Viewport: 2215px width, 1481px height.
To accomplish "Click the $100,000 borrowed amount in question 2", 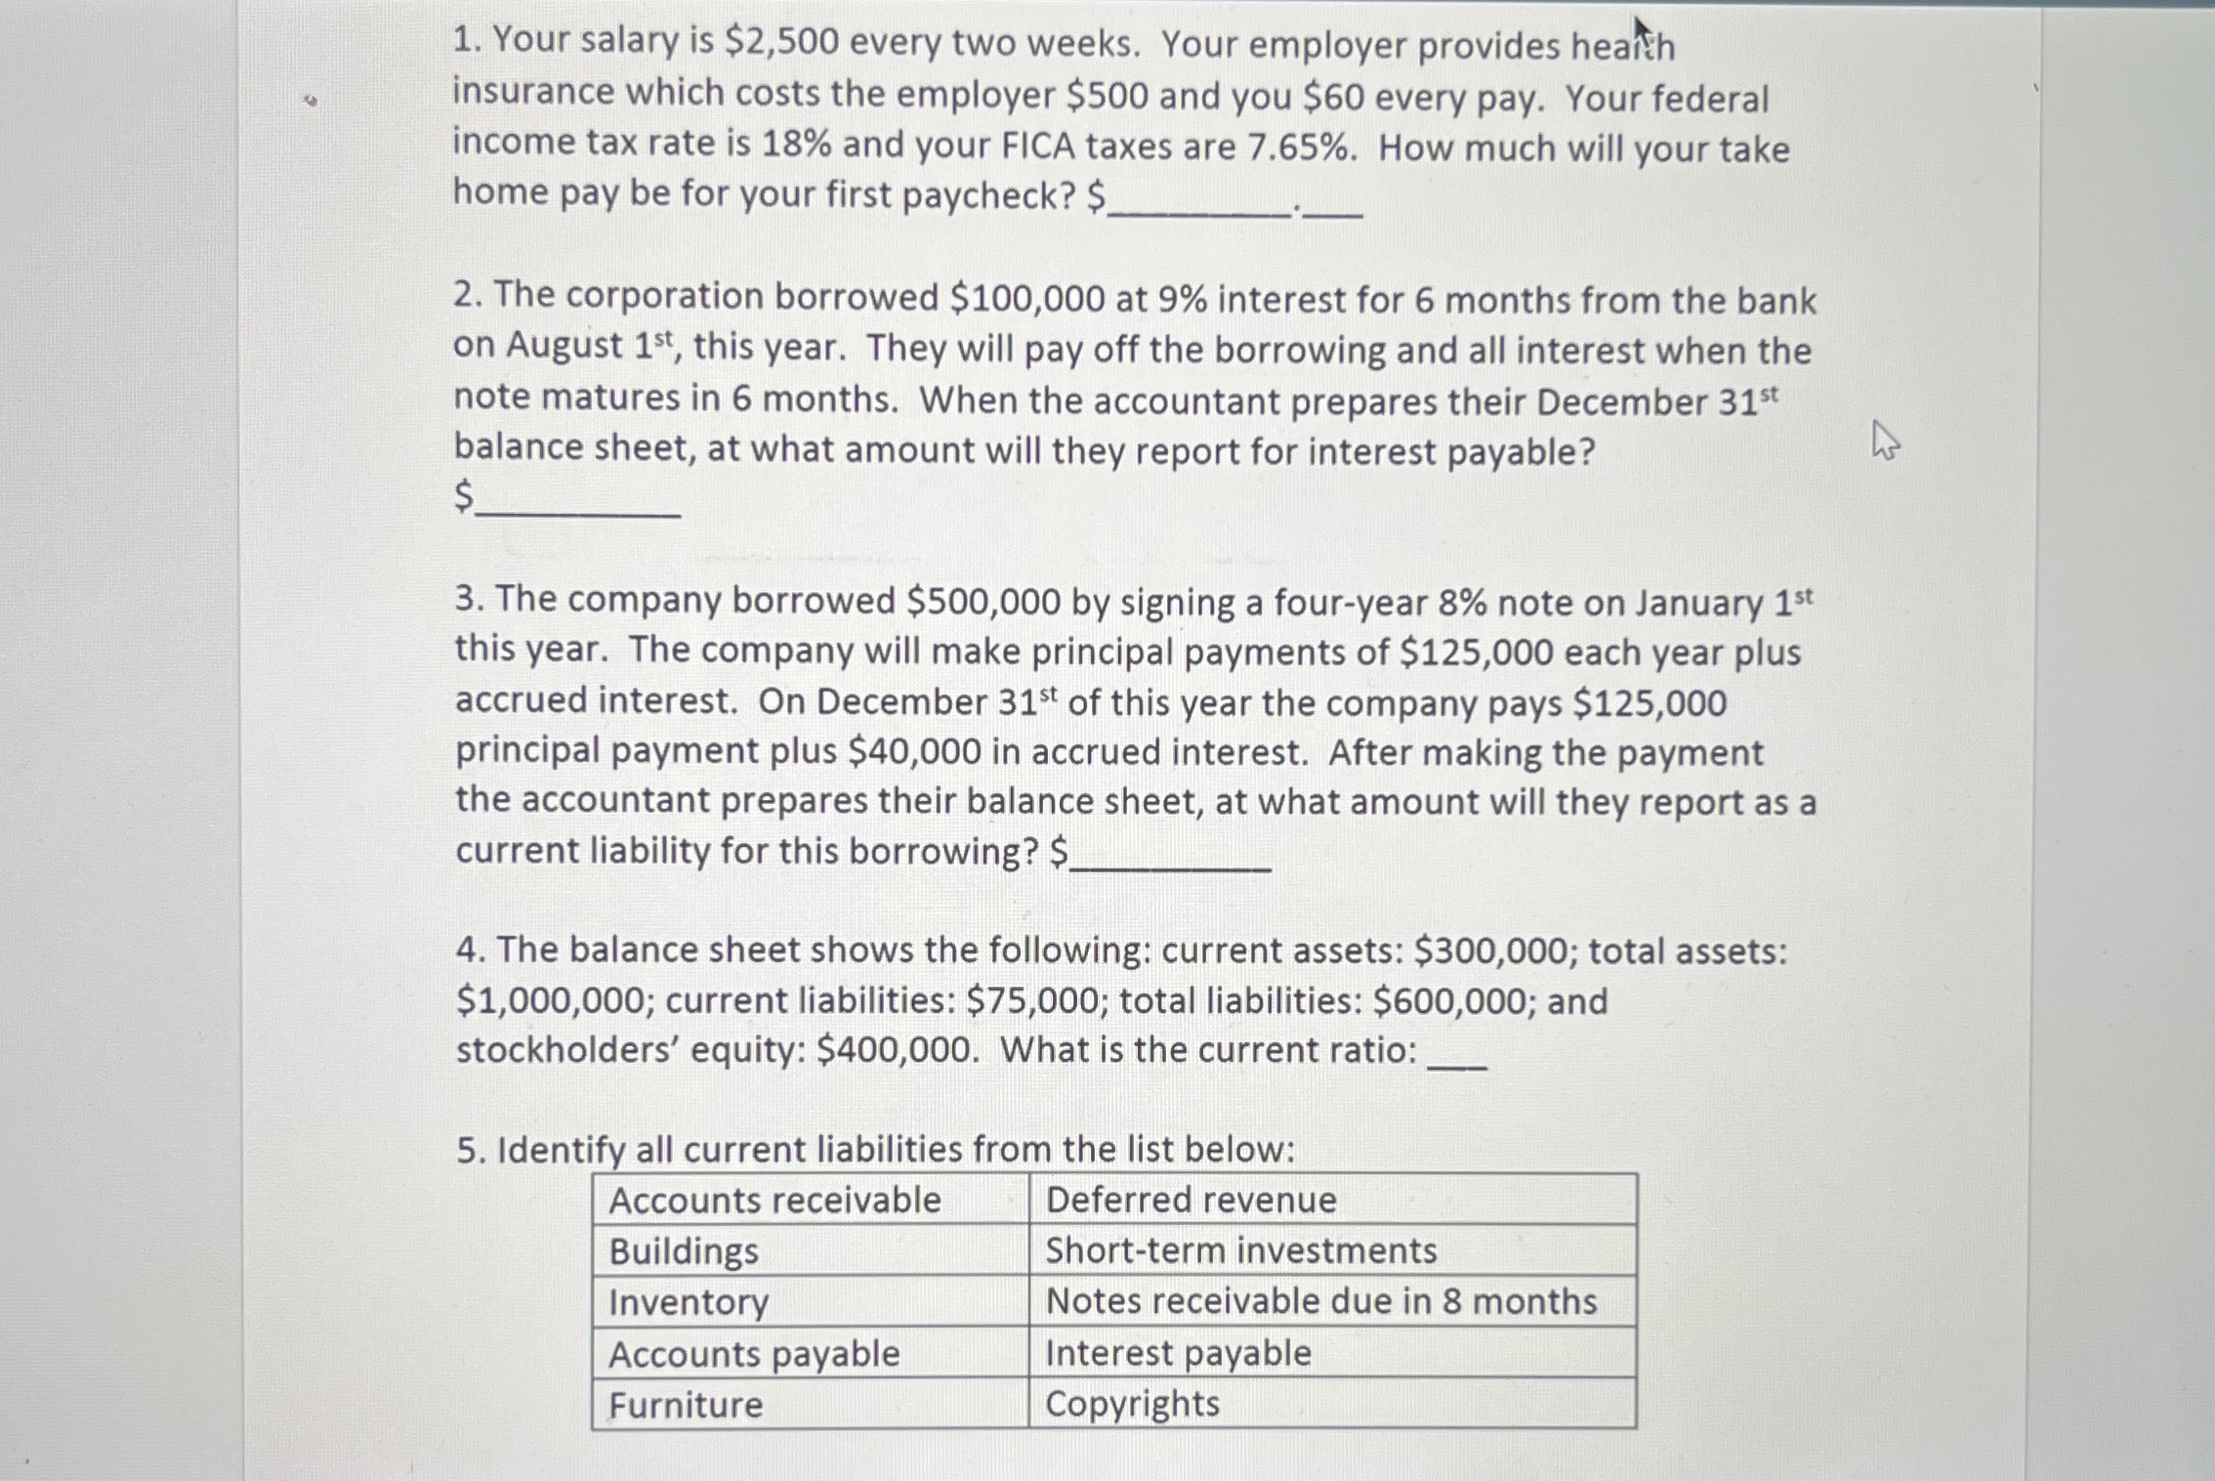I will pyautogui.click(x=1026, y=298).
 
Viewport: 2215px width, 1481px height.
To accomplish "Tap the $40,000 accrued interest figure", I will pyautogui.click(x=914, y=751).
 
